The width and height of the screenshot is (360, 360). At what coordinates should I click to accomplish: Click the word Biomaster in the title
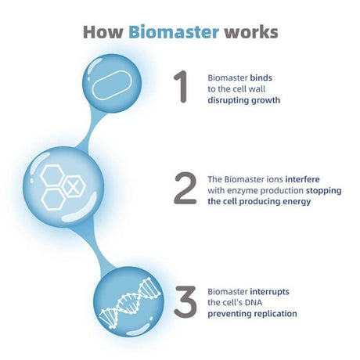pyautogui.click(x=174, y=32)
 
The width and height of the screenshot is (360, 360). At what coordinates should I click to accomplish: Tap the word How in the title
pyautogui.click(x=103, y=32)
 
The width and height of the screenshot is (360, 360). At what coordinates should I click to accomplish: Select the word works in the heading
pyautogui.click(x=251, y=32)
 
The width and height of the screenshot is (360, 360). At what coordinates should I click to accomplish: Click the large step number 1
pyautogui.click(x=181, y=87)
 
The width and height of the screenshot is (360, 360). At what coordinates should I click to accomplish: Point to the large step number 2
pyautogui.click(x=185, y=188)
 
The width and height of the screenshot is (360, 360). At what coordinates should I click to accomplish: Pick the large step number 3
pyautogui.click(x=185, y=302)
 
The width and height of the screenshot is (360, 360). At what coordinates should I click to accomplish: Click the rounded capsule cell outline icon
pyautogui.click(x=112, y=85)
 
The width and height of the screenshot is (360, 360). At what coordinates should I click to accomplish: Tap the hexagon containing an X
pyautogui.click(x=74, y=186)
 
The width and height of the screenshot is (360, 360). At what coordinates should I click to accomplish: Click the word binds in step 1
pyautogui.click(x=261, y=77)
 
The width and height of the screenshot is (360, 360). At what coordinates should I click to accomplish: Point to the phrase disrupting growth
pyautogui.click(x=244, y=100)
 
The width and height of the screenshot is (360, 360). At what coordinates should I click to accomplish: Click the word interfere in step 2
pyautogui.click(x=302, y=179)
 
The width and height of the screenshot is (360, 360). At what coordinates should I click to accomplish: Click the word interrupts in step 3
pyautogui.click(x=270, y=292)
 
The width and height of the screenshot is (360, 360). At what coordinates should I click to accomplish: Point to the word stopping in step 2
pyautogui.click(x=324, y=191)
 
